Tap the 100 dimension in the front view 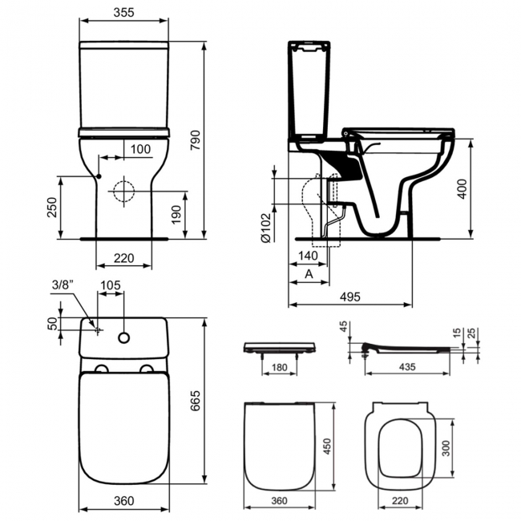140,149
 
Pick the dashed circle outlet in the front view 123,192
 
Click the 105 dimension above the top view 111,285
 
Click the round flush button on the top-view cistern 124,337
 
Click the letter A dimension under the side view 309,274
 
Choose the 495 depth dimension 349,295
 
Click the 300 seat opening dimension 446,446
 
